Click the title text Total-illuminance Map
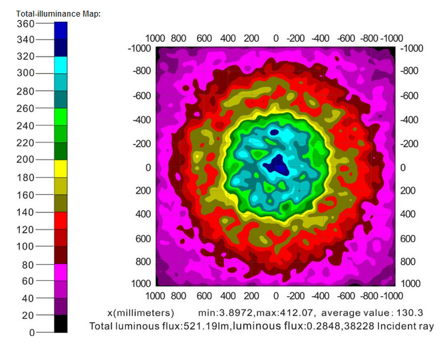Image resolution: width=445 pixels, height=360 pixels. coord(58,14)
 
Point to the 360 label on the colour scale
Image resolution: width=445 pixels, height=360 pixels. coord(25,23)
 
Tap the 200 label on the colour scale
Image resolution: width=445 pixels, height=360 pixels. coord(25,160)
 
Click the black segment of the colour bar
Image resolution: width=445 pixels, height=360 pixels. coord(61,323)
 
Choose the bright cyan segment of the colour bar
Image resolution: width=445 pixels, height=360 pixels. coord(61,65)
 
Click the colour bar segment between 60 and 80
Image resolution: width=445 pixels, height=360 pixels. coord(61,271)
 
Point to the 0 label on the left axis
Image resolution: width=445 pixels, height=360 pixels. coord(148,168)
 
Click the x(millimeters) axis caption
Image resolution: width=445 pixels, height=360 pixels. coord(141,312)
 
